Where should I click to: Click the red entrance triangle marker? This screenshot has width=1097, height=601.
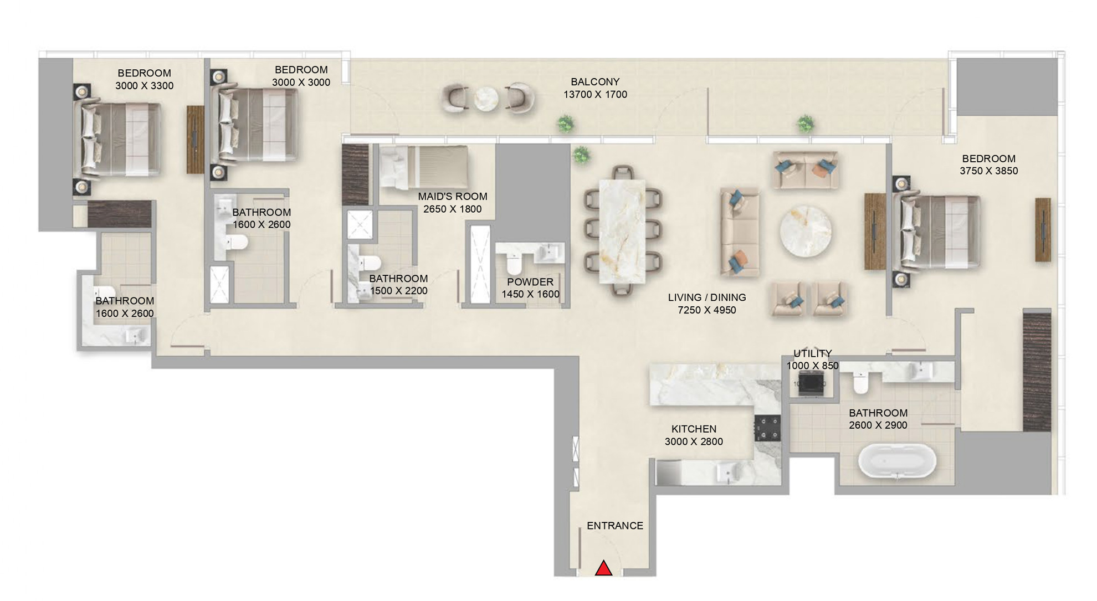[x=603, y=568]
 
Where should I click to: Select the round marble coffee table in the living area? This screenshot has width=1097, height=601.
[x=805, y=231]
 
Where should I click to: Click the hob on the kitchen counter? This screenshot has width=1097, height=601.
[x=767, y=428]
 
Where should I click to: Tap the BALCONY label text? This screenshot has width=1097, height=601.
[x=595, y=82]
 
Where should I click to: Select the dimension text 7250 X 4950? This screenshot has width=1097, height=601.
[x=706, y=310]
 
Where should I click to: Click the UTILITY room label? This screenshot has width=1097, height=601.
[x=812, y=353]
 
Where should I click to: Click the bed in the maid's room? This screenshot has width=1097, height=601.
[x=424, y=167]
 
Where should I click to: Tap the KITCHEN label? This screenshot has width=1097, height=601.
[x=694, y=429]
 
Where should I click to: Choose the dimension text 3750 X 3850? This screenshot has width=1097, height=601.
[x=988, y=171]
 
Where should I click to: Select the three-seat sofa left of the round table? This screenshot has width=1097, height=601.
[x=739, y=232]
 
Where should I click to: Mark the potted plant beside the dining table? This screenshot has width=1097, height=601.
[x=580, y=155]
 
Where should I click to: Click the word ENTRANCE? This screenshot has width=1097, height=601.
[x=614, y=526]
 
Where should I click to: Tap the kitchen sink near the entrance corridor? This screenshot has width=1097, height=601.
[x=725, y=473]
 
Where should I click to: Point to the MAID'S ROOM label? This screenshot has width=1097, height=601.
[x=452, y=197]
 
